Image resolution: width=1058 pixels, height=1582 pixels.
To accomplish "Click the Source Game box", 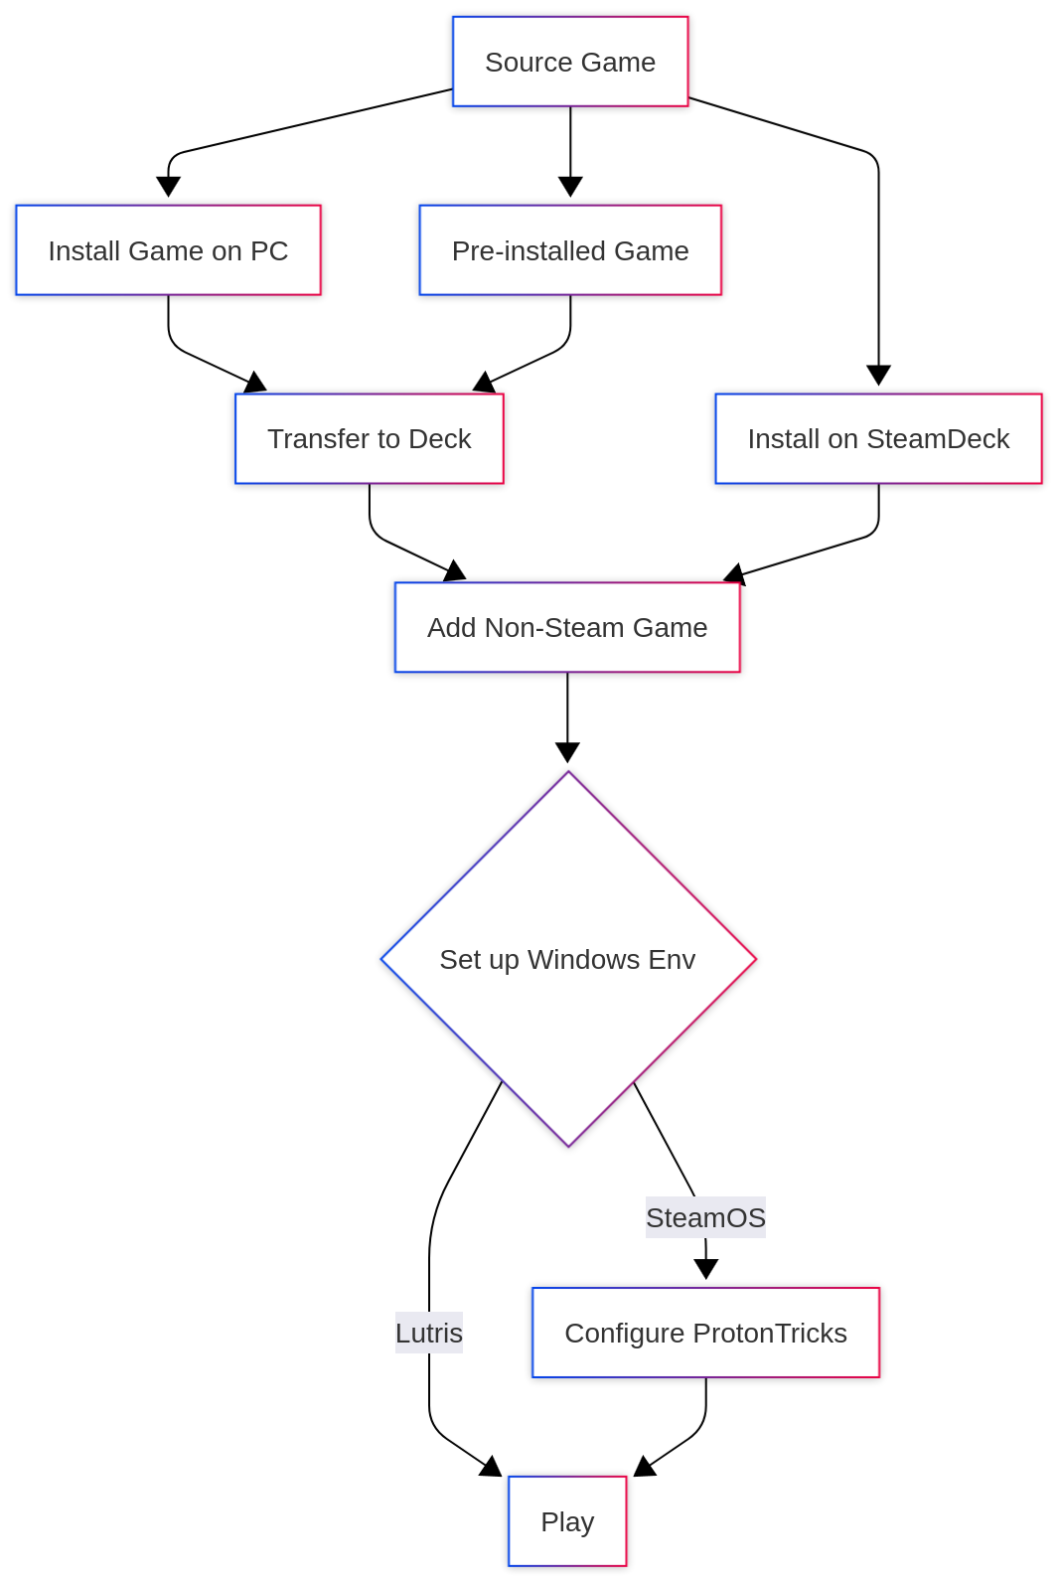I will point(570,62).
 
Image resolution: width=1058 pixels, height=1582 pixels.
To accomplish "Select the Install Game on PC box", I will point(168,250).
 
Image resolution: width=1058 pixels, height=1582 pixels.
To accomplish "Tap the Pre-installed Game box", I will point(570,250).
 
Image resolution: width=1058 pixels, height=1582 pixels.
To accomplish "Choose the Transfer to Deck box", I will point(369,439).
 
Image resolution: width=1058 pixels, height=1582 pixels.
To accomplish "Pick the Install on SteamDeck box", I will point(878,439).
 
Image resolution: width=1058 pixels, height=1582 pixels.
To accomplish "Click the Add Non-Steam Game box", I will point(567,628).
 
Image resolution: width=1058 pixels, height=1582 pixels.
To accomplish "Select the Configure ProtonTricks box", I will point(705,1333).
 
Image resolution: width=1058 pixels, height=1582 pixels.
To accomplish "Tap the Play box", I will point(567,1521).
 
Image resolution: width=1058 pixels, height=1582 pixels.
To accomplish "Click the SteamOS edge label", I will point(705,1217).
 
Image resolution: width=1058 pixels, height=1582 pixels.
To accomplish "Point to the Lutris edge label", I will point(429,1333).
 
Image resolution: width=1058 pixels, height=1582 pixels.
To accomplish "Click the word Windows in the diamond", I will point(584,960).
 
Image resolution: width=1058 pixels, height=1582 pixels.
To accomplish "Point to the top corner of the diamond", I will point(569,773).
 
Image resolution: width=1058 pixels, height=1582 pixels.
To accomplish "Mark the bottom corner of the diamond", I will point(569,1146).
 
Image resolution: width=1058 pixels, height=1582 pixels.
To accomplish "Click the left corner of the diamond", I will point(382,959).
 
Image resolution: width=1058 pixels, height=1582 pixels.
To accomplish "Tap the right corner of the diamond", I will point(756,959).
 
